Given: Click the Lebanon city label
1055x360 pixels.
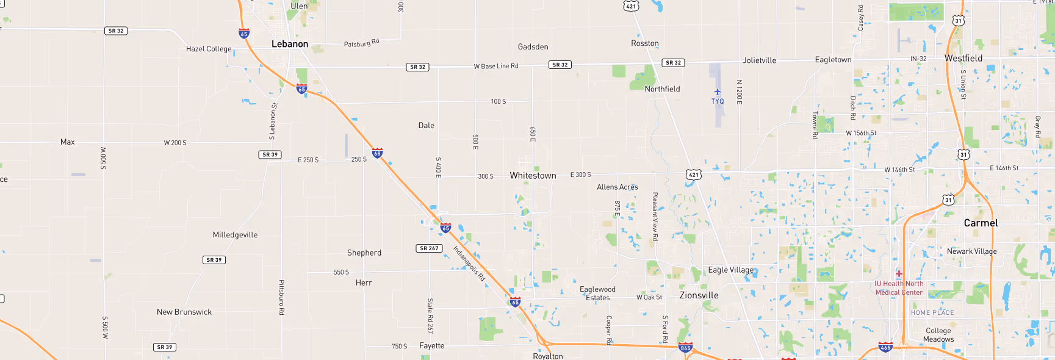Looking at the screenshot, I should point(290,44).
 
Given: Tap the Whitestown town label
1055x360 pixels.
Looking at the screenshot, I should point(533,176).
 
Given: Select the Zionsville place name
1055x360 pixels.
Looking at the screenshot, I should point(699,295).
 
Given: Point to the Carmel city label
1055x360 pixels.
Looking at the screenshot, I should point(981,223).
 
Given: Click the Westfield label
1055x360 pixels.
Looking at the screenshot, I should point(963,59).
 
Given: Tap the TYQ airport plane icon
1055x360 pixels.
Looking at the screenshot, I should point(718,92).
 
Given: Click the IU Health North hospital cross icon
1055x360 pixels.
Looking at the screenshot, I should point(899,273).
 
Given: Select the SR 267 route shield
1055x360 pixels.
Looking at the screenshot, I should point(430,248).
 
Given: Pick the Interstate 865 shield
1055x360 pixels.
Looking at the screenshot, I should point(685,348).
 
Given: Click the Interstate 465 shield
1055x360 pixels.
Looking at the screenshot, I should point(885,347).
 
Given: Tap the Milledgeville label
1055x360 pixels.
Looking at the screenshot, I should point(235,235).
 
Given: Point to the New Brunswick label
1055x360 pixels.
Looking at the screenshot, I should point(184,312).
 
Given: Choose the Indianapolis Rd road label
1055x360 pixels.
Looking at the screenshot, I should point(469,263).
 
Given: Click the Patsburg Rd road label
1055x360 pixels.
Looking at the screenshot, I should point(361,43).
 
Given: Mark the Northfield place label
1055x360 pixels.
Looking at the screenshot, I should point(662,89).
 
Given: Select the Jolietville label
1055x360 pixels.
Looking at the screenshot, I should point(759,60).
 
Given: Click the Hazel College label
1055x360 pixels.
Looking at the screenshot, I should point(209,49).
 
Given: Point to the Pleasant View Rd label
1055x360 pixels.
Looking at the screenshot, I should point(655,216).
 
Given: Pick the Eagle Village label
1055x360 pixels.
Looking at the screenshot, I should point(730,270).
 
